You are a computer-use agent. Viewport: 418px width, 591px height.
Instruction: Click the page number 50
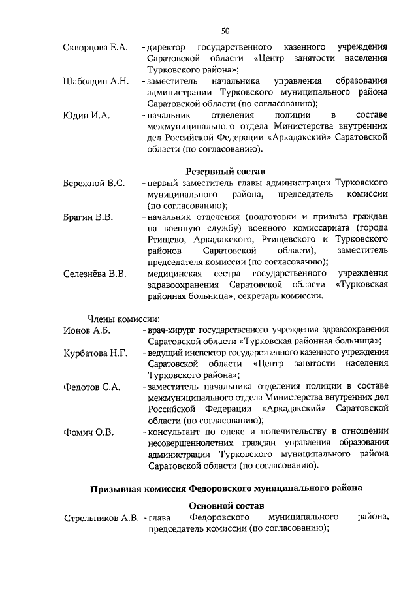[x=225, y=30]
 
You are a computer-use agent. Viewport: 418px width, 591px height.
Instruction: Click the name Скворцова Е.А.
[x=95, y=48]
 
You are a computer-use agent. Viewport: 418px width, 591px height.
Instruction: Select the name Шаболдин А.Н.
[x=95, y=81]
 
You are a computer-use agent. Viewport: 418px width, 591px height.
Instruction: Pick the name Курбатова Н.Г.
[x=95, y=353]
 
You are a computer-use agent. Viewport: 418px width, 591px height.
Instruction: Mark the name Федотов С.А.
[x=91, y=387]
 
